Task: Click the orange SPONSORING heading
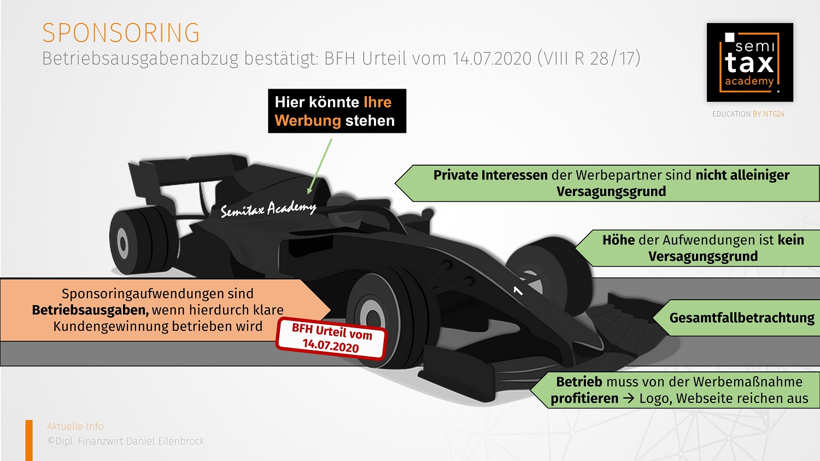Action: click(121, 33)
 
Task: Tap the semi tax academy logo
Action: click(749, 62)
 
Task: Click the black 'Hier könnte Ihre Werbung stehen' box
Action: click(337, 111)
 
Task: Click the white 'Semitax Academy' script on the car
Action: click(268, 208)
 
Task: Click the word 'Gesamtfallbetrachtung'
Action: click(741, 318)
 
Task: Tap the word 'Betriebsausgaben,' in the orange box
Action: click(90, 310)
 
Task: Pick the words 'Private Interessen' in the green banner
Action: click(490, 175)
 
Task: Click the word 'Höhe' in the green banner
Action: click(618, 240)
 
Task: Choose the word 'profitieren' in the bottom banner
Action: click(584, 399)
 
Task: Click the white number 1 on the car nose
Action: click(517, 290)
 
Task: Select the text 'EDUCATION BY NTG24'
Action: click(748, 114)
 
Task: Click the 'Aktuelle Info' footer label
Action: click(75, 427)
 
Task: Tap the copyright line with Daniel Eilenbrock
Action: click(126, 441)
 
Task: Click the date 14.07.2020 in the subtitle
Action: click(491, 58)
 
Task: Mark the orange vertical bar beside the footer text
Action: click(29, 440)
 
